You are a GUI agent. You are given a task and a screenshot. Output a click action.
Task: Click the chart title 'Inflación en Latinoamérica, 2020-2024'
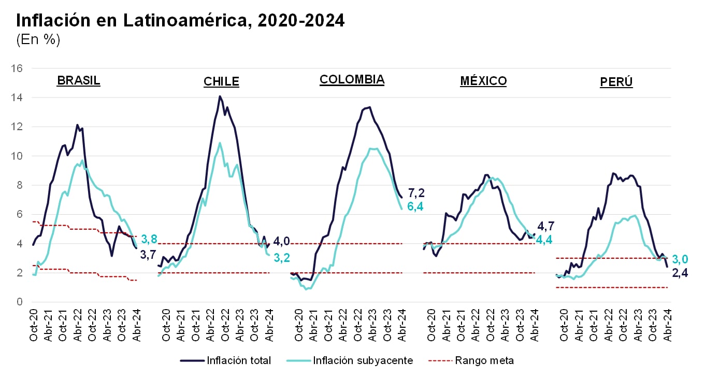[180, 20]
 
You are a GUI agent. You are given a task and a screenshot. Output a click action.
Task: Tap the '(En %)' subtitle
[38, 40]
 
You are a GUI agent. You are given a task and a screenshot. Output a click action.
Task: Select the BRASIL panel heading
[79, 81]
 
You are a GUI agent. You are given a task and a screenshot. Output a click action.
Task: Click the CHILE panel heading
[221, 81]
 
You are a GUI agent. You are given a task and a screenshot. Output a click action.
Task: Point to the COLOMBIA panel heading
[352, 79]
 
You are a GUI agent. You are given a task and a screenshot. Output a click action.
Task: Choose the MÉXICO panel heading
[483, 81]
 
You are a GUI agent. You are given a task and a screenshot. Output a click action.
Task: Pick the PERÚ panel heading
[616, 82]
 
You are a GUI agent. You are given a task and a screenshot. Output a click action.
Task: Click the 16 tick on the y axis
[17, 68]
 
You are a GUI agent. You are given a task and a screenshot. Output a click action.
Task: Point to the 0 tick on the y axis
[20, 302]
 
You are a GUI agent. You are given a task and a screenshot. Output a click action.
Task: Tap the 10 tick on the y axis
[17, 156]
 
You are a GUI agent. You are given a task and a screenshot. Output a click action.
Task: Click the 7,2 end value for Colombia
[417, 193]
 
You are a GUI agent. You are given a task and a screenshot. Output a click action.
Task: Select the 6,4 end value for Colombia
[417, 206]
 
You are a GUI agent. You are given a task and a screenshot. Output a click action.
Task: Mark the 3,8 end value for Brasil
[149, 239]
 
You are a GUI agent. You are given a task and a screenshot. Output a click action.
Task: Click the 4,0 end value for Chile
[282, 241]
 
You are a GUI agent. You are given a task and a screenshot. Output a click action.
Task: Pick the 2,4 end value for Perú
[680, 273]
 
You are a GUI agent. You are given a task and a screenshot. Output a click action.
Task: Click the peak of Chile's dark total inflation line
[220, 96]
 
